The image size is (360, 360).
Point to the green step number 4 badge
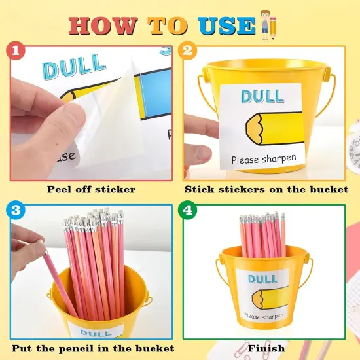click(188, 210)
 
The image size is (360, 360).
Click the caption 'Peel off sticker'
click(91, 189)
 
